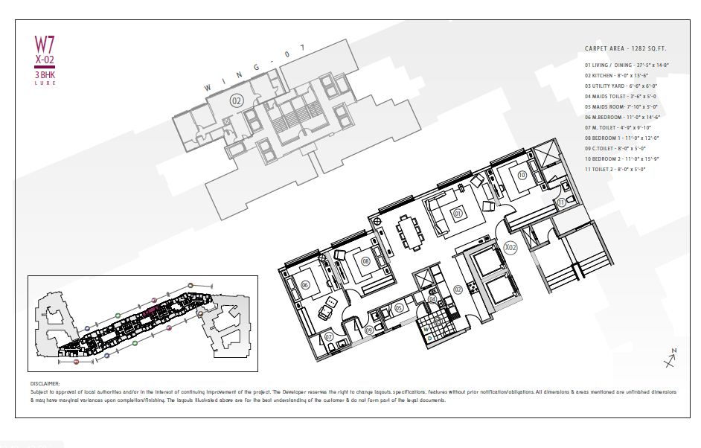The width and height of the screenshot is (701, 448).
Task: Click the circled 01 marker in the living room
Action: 458,214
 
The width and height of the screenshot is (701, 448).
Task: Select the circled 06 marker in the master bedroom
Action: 305,284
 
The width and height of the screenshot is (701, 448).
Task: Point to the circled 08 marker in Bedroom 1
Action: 365,260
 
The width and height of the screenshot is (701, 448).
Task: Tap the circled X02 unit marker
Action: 510,246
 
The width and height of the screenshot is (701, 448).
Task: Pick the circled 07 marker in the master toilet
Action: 329,337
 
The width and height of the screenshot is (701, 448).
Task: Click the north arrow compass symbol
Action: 670,359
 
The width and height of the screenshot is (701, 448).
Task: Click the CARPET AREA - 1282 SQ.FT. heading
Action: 627,48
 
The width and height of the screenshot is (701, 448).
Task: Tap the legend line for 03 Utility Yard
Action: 621,86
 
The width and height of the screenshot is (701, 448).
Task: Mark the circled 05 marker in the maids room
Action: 399,307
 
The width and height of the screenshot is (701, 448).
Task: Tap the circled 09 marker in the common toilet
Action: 370,330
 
